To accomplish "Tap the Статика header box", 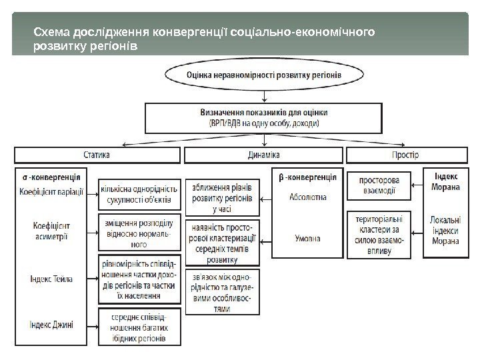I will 97,155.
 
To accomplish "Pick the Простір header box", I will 405,155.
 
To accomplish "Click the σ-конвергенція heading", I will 53,178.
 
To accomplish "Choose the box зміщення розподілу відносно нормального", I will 139,231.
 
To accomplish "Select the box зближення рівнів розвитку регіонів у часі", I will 222,194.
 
